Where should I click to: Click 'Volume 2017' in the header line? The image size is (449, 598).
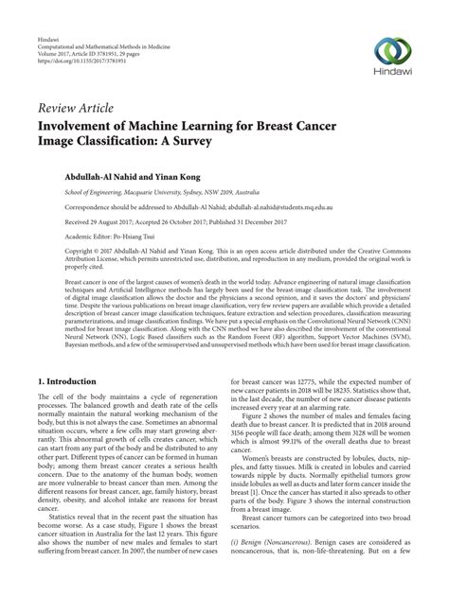tap(54, 38)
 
